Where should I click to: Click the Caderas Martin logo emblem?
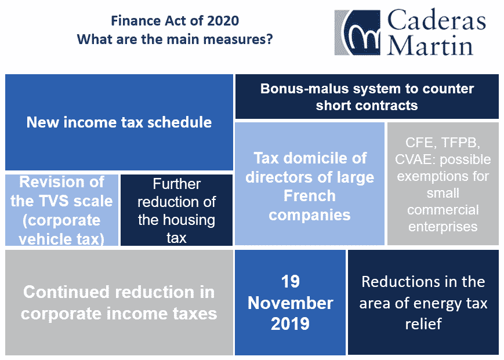pos(357,32)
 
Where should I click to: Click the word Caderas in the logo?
pos(436,20)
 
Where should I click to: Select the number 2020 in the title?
pos(223,21)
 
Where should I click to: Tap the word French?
pos(310,196)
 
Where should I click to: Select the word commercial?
pos(443,210)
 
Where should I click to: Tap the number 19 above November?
pos(290,282)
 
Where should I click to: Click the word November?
pos(290,303)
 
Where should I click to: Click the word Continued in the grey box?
pos(67,292)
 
